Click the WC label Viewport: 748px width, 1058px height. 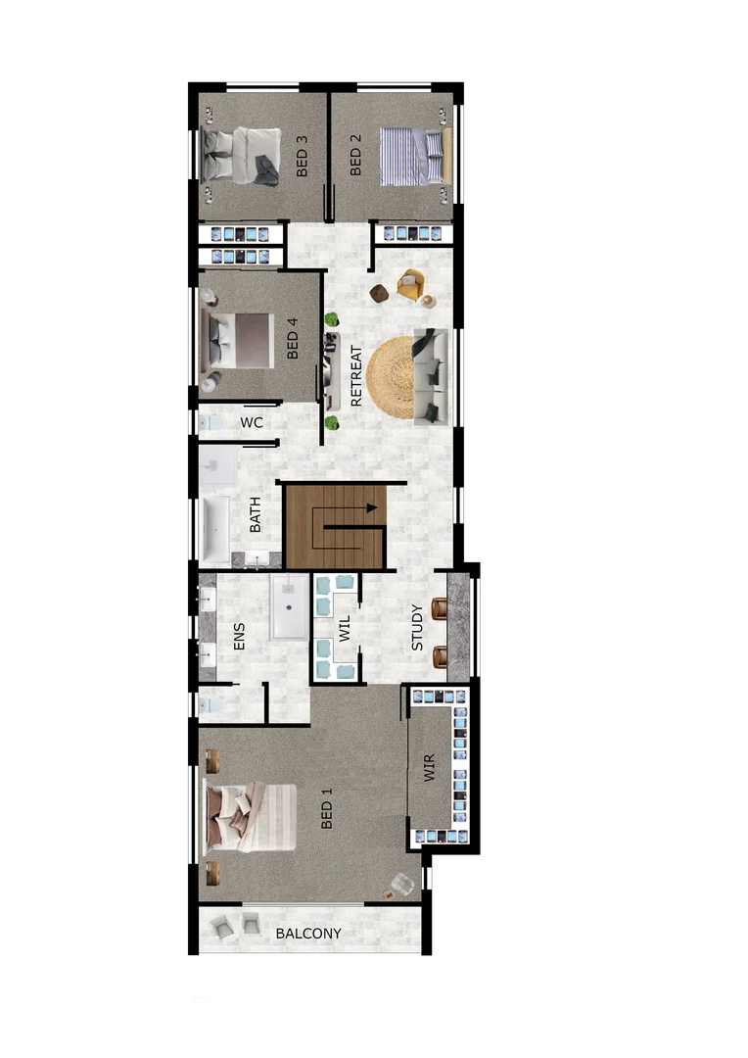coord(252,423)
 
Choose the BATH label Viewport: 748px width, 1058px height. coord(256,514)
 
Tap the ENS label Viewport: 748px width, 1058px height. coord(239,637)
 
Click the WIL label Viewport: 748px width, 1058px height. coord(345,628)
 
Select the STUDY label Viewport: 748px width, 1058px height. coord(417,627)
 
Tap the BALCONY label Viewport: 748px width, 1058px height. coord(308,934)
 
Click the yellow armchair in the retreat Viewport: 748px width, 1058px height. coord(411,286)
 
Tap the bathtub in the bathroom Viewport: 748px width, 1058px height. coord(215,529)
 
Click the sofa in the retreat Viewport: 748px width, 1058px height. coord(431,377)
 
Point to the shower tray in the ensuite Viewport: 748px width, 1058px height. coord(290,607)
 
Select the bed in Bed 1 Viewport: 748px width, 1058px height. coord(250,818)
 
